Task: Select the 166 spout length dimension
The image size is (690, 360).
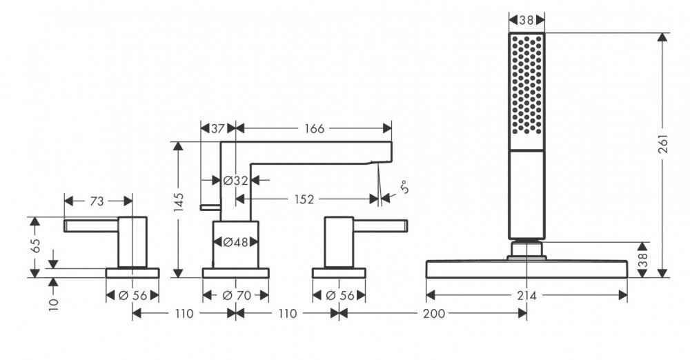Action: [x=313, y=128]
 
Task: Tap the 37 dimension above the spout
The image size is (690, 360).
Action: [x=218, y=128]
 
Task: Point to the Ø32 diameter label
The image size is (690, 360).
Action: [x=235, y=181]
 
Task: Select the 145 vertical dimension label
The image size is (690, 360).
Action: [x=179, y=201]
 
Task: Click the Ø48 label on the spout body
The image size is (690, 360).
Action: [x=235, y=242]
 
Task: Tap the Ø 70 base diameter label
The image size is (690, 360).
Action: [x=235, y=295]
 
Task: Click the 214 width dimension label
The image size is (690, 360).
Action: [x=527, y=295]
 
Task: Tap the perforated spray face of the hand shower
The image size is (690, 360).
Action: [x=526, y=90]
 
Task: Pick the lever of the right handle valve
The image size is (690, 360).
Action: [x=380, y=225]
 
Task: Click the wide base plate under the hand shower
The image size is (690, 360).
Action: [x=527, y=268]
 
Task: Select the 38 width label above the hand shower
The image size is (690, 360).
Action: [x=526, y=20]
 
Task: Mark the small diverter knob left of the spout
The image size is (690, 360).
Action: [x=205, y=206]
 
